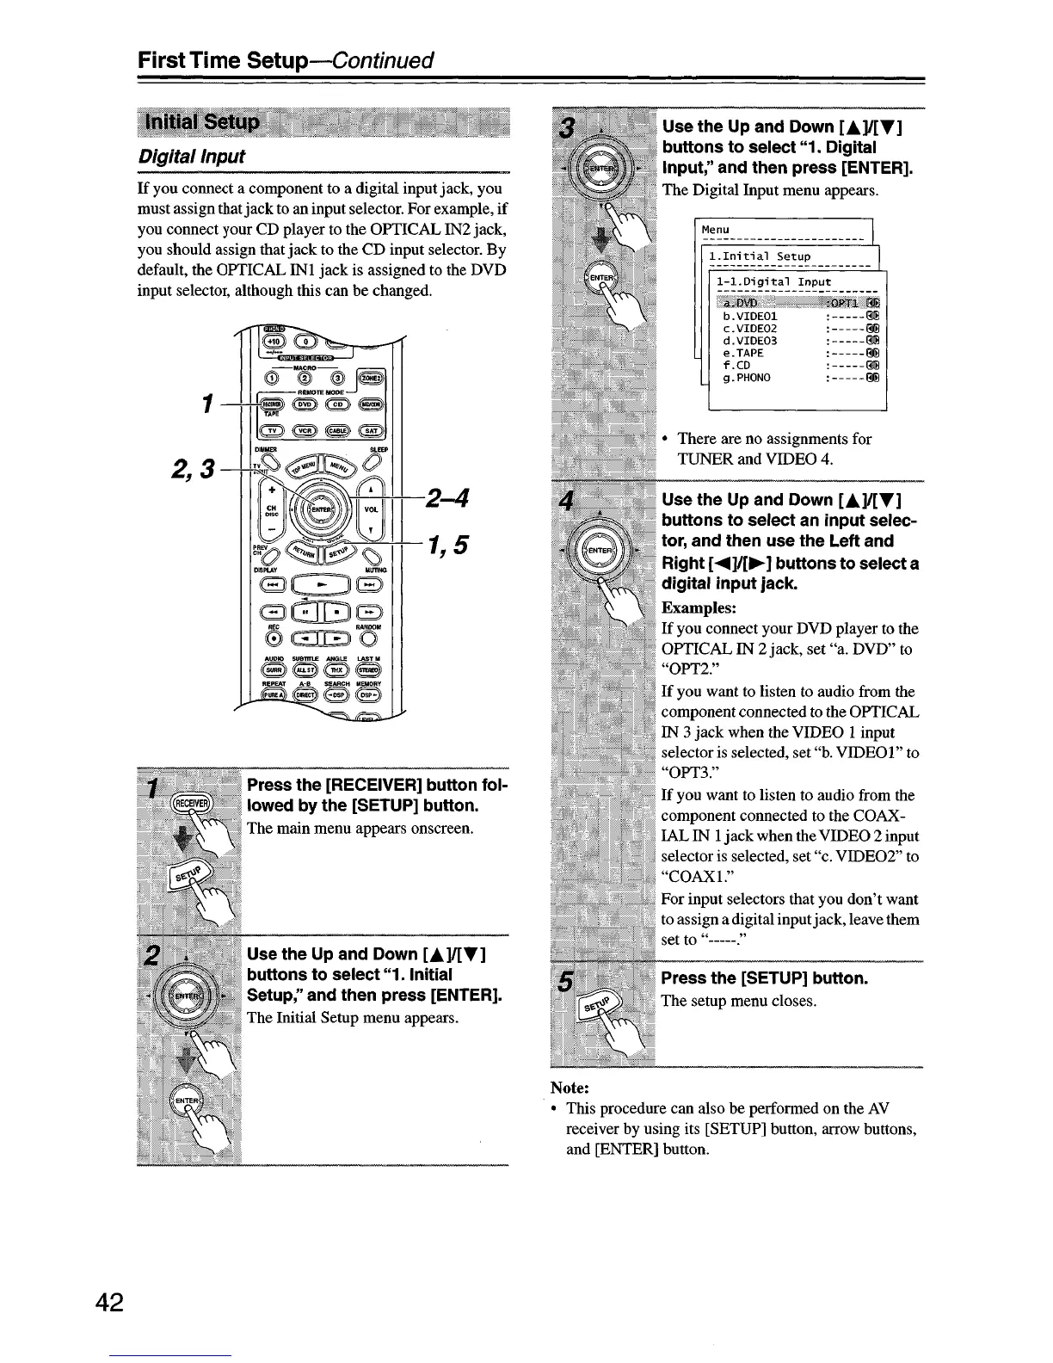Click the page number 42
click(110, 1303)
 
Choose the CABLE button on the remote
click(338, 432)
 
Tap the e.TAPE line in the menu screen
click(744, 353)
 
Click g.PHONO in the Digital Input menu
click(747, 377)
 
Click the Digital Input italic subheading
click(191, 157)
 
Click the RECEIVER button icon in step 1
click(186, 804)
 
